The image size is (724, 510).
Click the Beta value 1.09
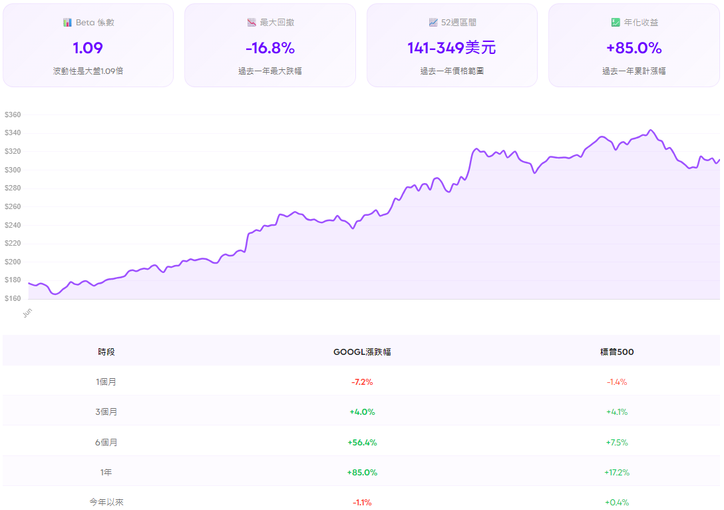(x=88, y=48)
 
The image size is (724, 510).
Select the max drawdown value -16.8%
(x=270, y=48)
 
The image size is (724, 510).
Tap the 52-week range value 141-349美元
(x=452, y=48)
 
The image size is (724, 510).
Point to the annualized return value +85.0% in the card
(x=633, y=48)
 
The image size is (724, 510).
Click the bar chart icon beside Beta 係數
(x=67, y=23)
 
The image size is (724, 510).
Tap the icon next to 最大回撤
(x=252, y=23)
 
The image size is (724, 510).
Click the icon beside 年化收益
(x=616, y=23)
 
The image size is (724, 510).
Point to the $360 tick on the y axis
(x=13, y=115)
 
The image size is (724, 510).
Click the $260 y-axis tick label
(x=13, y=207)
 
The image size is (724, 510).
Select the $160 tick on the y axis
(x=13, y=299)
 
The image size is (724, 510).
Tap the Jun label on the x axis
(x=27, y=312)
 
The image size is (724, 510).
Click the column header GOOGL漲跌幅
(x=362, y=352)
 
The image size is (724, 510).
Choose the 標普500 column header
(x=617, y=352)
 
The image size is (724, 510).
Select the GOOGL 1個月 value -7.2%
(x=362, y=382)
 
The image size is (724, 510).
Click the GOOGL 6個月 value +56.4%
(x=362, y=442)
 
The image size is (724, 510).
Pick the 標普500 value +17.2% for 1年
(x=617, y=472)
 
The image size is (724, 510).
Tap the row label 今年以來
(x=106, y=502)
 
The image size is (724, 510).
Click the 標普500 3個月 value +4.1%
(x=617, y=412)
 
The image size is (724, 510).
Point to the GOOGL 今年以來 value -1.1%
(x=362, y=502)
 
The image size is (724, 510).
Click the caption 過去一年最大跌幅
(x=270, y=71)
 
